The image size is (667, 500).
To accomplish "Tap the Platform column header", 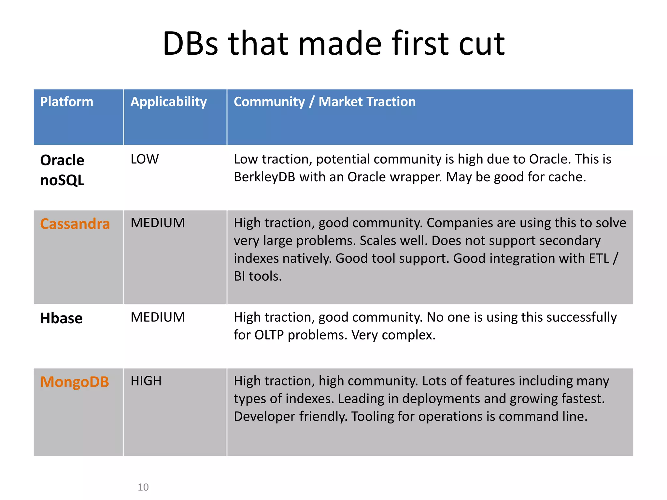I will [x=66, y=102].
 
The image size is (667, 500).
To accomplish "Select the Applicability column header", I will [x=168, y=102].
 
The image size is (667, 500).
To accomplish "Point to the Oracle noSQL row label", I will [x=62, y=170].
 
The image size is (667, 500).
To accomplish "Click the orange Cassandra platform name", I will [x=75, y=224].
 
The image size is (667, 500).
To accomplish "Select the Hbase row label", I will [x=61, y=318].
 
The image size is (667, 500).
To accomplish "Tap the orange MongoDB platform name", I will [x=75, y=382].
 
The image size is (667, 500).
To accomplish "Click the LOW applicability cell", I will [x=145, y=159].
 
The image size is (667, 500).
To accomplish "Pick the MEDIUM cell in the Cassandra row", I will [x=158, y=223].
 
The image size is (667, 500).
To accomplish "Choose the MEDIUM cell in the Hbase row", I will [x=158, y=317].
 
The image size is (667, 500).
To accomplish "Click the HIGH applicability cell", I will [x=146, y=381].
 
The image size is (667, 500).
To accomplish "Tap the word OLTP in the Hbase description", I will [x=269, y=335].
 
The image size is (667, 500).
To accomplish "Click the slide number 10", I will [x=143, y=487].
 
